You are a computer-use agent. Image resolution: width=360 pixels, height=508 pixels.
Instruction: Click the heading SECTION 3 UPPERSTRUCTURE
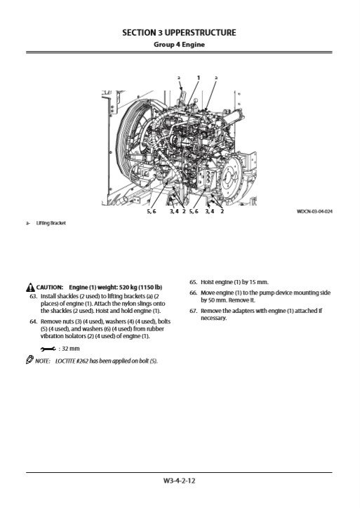[179, 32]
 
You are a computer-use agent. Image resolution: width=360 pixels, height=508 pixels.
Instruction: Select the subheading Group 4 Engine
[179, 44]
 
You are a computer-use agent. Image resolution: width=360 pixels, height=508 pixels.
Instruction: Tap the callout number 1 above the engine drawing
[199, 78]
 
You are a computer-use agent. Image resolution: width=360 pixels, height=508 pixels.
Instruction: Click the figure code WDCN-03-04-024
[314, 212]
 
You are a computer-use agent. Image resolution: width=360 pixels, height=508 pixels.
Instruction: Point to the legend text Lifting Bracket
[51, 223]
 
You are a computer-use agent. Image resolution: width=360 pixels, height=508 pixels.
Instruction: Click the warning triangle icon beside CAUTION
[30, 288]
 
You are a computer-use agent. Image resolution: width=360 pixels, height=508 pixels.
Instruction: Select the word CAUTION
[49, 288]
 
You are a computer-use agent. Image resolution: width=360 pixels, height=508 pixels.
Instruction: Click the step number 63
[34, 296]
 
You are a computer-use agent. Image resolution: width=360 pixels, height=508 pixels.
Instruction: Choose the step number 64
[34, 321]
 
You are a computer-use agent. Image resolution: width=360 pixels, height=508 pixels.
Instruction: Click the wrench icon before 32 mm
[48, 349]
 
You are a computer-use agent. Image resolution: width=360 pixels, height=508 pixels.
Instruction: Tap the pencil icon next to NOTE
[29, 360]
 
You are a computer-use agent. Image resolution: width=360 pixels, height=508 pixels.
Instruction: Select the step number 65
[194, 282]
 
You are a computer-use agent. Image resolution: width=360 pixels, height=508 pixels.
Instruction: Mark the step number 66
[194, 293]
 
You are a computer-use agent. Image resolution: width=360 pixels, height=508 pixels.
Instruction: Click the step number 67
[194, 311]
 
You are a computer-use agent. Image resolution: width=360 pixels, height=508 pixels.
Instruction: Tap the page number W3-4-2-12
[179, 481]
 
